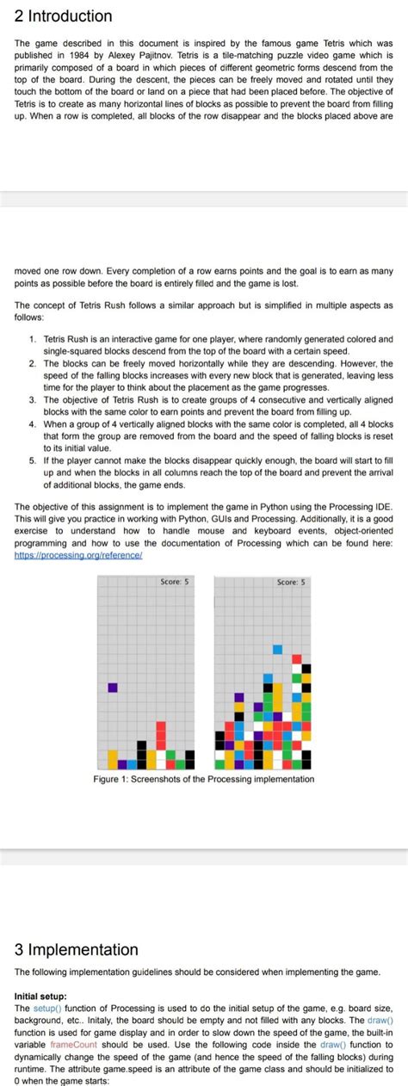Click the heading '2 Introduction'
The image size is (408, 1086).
(x=64, y=16)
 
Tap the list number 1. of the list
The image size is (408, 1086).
(x=33, y=340)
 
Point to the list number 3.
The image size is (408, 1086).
(x=33, y=400)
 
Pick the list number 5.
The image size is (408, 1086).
(x=33, y=460)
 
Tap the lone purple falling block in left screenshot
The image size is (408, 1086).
(x=112, y=688)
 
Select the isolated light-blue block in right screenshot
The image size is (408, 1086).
(x=277, y=650)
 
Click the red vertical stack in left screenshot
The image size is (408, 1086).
(x=160, y=736)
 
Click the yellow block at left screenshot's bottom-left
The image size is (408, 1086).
(x=112, y=758)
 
